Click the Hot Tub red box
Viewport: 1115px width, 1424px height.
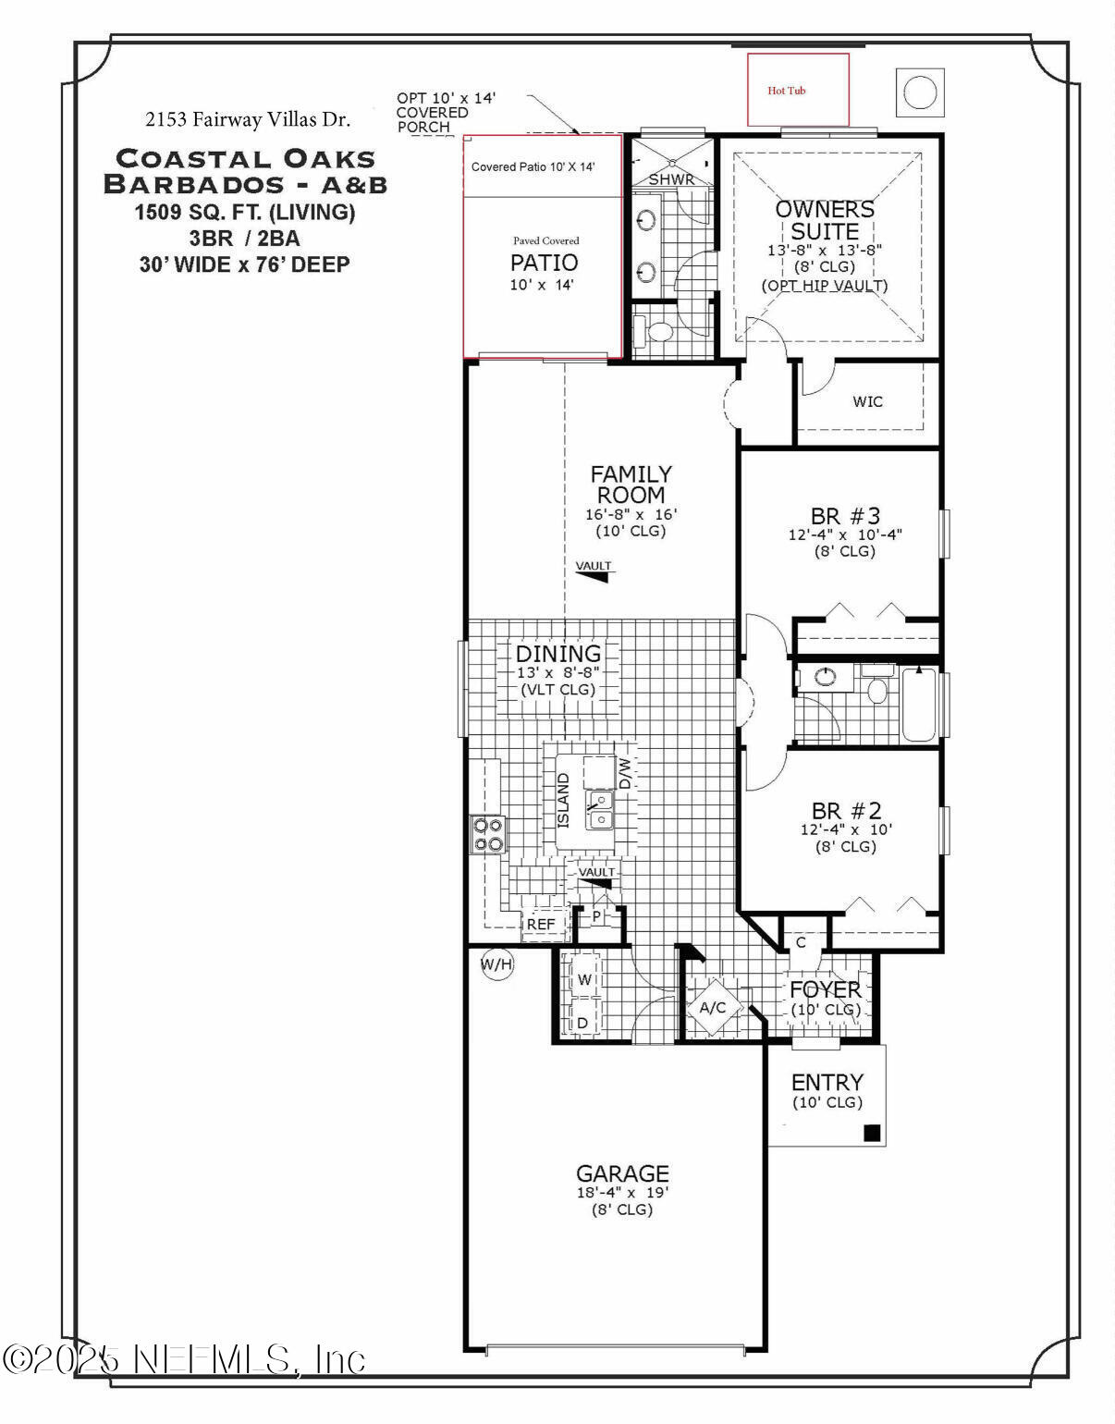[x=798, y=90]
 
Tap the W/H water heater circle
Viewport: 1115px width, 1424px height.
[x=496, y=965]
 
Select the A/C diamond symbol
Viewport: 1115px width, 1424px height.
[x=712, y=1007]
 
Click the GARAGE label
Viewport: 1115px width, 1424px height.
[x=622, y=1173]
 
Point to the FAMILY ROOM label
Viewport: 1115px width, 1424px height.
[x=631, y=485]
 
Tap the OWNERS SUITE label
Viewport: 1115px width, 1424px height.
[x=825, y=220]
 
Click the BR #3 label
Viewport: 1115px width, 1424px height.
[x=845, y=515]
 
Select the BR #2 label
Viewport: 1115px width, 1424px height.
[x=846, y=811]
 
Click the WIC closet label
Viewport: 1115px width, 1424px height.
[x=867, y=401]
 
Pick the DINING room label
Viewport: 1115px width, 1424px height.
[x=558, y=654]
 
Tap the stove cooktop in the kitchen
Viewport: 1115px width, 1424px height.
[x=487, y=834]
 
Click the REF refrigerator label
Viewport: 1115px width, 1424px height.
[x=541, y=924]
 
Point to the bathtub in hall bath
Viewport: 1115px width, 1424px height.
[x=919, y=705]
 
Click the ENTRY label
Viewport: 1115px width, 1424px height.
[x=827, y=1082]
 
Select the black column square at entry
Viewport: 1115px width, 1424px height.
[x=871, y=1133]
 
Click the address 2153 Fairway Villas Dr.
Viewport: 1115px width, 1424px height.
[x=248, y=119]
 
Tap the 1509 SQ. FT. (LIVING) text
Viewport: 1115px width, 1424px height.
[x=245, y=213]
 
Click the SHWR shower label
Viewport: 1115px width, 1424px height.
[x=671, y=179]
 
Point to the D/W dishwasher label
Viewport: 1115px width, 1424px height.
[x=625, y=772]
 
